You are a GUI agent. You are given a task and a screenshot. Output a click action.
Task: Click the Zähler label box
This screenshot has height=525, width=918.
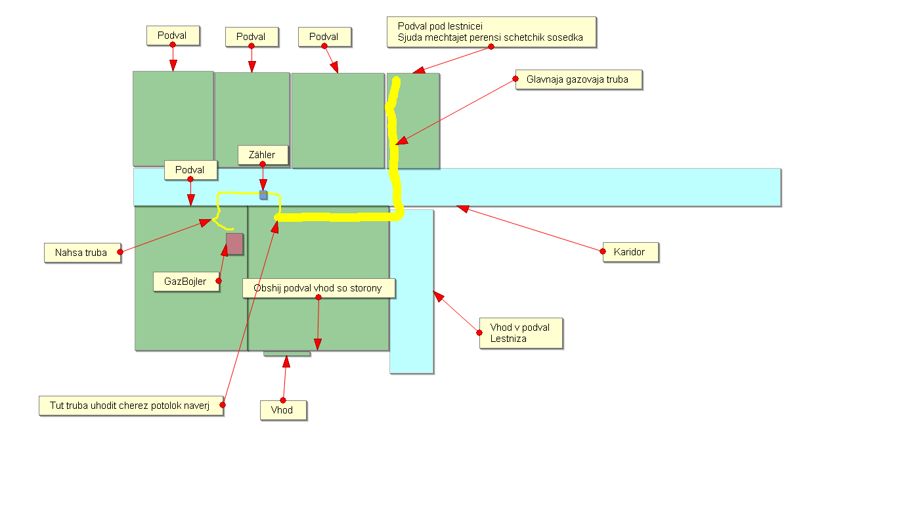(263, 156)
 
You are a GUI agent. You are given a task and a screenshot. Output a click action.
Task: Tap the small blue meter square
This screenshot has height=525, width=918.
(263, 195)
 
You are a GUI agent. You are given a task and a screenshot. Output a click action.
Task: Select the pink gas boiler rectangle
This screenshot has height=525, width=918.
(234, 244)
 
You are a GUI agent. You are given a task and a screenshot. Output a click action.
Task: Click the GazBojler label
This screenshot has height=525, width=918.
(186, 282)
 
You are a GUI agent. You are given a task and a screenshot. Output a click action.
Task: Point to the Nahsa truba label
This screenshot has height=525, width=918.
(82, 253)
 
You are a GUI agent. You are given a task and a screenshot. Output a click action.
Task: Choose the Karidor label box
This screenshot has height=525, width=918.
(631, 252)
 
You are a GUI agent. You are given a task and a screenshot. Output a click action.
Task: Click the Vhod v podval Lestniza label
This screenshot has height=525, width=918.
(521, 333)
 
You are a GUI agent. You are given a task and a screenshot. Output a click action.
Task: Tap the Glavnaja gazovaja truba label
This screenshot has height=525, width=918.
(579, 79)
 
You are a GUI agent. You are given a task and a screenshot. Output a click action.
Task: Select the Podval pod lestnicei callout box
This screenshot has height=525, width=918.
(491, 32)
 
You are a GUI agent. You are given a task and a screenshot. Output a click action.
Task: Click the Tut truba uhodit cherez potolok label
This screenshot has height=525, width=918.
(131, 406)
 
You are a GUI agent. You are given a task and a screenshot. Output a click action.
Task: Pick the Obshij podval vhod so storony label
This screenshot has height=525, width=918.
(319, 288)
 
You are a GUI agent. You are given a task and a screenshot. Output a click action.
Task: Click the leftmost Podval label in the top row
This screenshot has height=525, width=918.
(173, 35)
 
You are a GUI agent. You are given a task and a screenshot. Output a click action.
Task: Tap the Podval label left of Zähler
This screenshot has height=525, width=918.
(190, 170)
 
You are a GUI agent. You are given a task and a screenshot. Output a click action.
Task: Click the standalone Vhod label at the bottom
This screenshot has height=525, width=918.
(283, 410)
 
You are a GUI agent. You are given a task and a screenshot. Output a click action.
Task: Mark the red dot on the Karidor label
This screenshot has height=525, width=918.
(603, 251)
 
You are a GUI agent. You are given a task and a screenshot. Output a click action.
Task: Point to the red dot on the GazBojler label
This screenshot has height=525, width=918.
(219, 281)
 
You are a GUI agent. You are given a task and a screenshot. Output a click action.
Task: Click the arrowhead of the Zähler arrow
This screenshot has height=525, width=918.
(263, 184)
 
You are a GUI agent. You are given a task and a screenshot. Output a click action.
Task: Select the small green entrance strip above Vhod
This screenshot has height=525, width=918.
(287, 354)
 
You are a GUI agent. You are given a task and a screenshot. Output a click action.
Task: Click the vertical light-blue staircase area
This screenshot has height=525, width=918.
(412, 291)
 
